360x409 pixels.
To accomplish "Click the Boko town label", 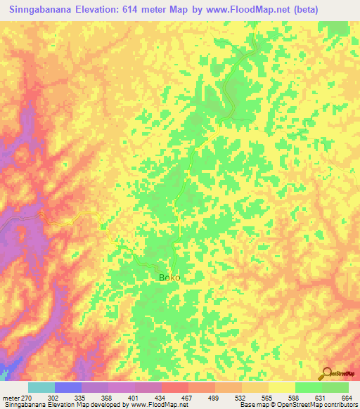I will [169, 278].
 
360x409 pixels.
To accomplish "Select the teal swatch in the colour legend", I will [41, 387].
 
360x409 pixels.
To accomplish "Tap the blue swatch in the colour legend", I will [68, 387].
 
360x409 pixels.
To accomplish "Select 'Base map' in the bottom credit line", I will [252, 405].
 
